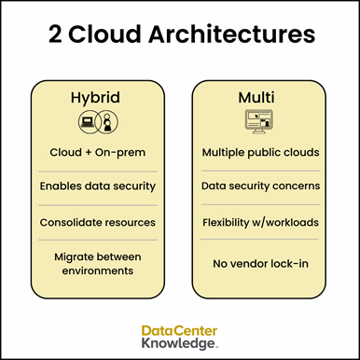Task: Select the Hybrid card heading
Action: [96, 97]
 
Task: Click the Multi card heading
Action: [260, 97]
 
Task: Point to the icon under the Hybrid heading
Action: [97, 121]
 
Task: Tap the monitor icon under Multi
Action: [261, 121]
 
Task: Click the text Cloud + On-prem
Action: [97, 152]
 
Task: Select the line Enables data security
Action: [97, 187]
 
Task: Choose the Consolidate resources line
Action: [97, 222]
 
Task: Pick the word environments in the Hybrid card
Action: [97, 270]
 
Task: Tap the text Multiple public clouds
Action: [261, 152]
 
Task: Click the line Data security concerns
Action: [261, 187]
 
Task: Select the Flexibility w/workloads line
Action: [261, 222]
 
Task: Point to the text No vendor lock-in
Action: [261, 263]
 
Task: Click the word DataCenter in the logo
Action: [180, 330]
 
